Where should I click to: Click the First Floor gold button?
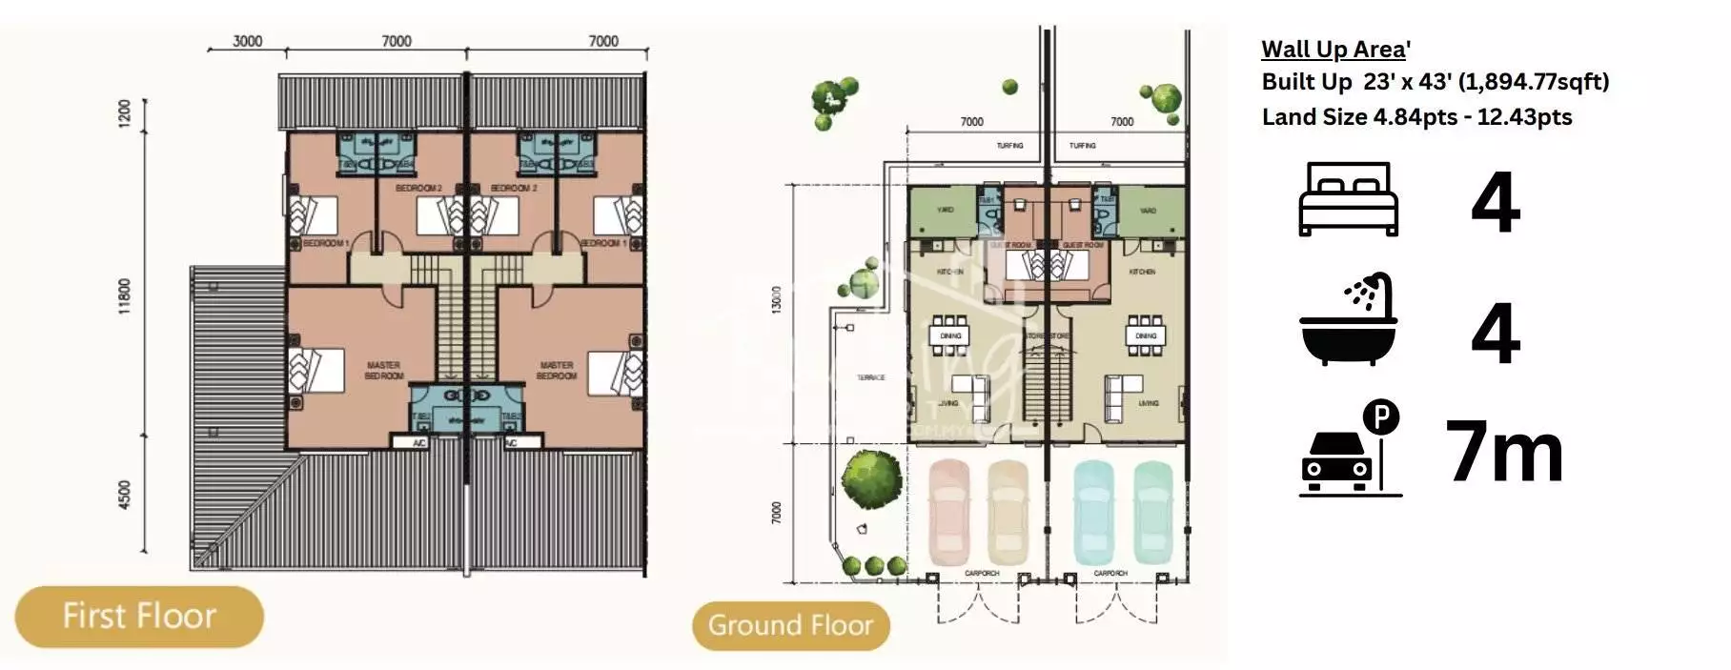[139, 617]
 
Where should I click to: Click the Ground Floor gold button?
[790, 625]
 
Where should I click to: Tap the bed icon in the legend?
[1348, 199]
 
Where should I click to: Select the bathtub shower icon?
[1348, 319]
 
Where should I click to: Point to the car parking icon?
[1350, 449]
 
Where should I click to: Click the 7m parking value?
[1504, 452]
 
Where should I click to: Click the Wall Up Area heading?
[1334, 50]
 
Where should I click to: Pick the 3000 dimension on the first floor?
[247, 41]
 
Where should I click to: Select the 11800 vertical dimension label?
[125, 296]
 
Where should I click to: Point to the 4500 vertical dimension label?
[125, 495]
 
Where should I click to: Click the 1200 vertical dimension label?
[125, 115]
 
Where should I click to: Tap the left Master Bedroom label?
[383, 370]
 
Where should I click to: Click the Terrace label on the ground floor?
[870, 378]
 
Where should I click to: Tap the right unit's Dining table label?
[1145, 335]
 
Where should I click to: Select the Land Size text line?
[1416, 117]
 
